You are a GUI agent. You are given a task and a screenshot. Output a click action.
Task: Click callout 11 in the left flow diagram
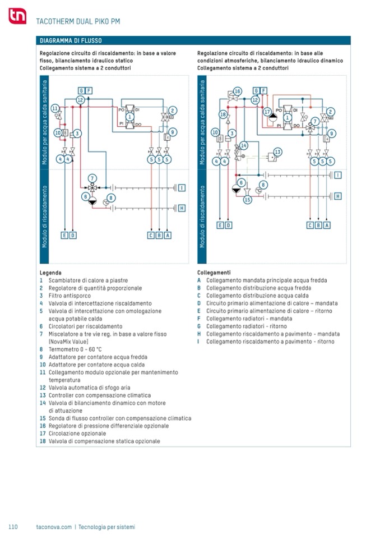point(55,108)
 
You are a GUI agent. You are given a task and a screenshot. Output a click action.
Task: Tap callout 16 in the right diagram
point(237,91)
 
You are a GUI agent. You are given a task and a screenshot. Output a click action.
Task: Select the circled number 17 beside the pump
point(267,111)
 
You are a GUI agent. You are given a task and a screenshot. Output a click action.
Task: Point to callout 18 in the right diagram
point(223,114)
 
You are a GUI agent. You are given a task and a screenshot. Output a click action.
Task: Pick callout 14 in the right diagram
point(243,145)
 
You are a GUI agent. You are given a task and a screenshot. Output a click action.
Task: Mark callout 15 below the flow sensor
point(247,199)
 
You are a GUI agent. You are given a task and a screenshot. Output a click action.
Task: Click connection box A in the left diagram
point(168,235)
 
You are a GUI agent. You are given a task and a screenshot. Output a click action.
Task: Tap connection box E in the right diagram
point(220,226)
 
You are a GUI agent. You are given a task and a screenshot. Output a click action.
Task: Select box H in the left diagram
point(182,208)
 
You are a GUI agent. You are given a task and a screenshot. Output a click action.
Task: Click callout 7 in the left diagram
point(92,178)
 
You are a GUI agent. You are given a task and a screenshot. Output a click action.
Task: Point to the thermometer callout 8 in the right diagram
point(263,184)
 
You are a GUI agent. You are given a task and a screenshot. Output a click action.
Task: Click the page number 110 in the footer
point(13,527)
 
